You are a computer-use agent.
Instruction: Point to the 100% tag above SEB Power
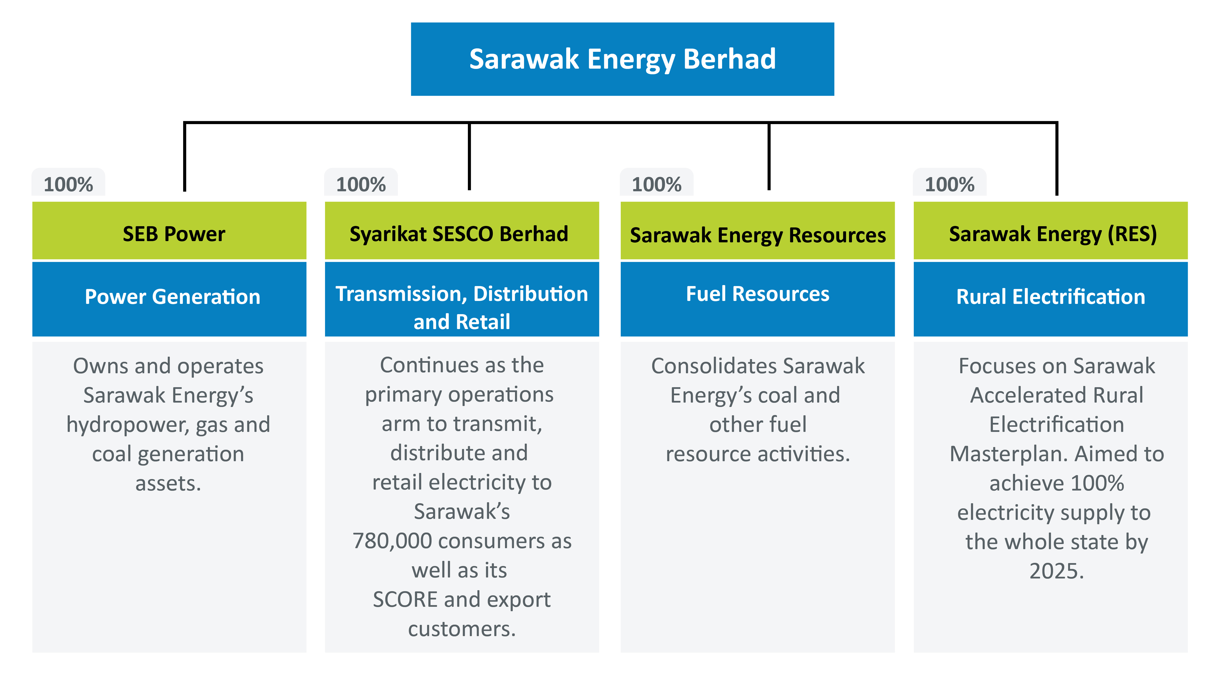pos(68,184)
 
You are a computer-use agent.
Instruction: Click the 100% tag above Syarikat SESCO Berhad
pos(361,184)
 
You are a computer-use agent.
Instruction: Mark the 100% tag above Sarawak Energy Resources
pos(656,184)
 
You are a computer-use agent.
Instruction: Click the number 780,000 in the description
pos(392,541)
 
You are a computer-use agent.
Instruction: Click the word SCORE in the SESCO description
pos(405,599)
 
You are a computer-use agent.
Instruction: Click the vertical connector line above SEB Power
pos(185,156)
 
